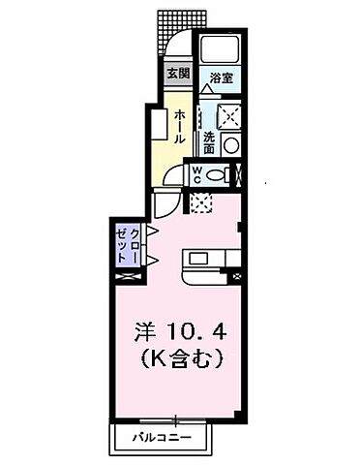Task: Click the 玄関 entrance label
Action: pyautogui.click(x=177, y=74)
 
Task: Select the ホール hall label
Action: pyautogui.click(x=180, y=127)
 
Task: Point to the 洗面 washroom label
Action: pyautogui.click(x=209, y=141)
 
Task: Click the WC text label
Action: pyautogui.click(x=196, y=175)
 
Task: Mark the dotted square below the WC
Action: pyautogui.click(x=201, y=202)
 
